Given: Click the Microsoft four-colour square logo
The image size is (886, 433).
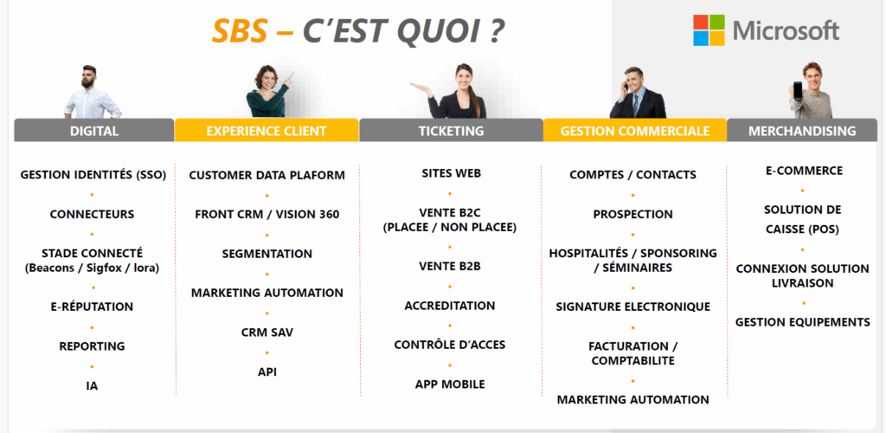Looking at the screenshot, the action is [709, 30].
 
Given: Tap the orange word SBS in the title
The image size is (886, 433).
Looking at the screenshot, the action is [239, 32].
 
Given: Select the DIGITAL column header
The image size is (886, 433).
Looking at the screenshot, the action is [93, 131].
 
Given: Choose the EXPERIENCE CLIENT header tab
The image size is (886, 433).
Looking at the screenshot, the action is [266, 131].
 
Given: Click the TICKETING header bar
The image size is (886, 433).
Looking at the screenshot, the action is [451, 131].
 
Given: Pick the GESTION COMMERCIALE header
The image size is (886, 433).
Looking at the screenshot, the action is [634, 131].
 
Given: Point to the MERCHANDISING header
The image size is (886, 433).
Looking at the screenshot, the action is [802, 131].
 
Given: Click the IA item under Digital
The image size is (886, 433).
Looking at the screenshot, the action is [92, 386].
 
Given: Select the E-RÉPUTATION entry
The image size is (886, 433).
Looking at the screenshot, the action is [92, 307].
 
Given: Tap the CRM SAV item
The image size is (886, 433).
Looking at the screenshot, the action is [266, 333].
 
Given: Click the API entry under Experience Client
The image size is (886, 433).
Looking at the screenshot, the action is [266, 372].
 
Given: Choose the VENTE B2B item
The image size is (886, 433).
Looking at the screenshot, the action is [450, 266].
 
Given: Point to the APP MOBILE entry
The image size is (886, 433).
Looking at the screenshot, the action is [450, 385].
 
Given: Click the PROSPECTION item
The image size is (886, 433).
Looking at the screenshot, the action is [632, 215].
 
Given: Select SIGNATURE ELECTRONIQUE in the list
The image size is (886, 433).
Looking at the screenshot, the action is [632, 307].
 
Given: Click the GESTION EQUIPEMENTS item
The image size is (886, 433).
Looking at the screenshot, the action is [802, 322].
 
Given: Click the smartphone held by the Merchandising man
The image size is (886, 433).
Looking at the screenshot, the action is [798, 90].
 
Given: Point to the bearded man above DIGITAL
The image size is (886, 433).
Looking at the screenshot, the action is [92, 92].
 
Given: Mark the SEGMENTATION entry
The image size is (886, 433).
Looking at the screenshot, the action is [266, 255].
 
